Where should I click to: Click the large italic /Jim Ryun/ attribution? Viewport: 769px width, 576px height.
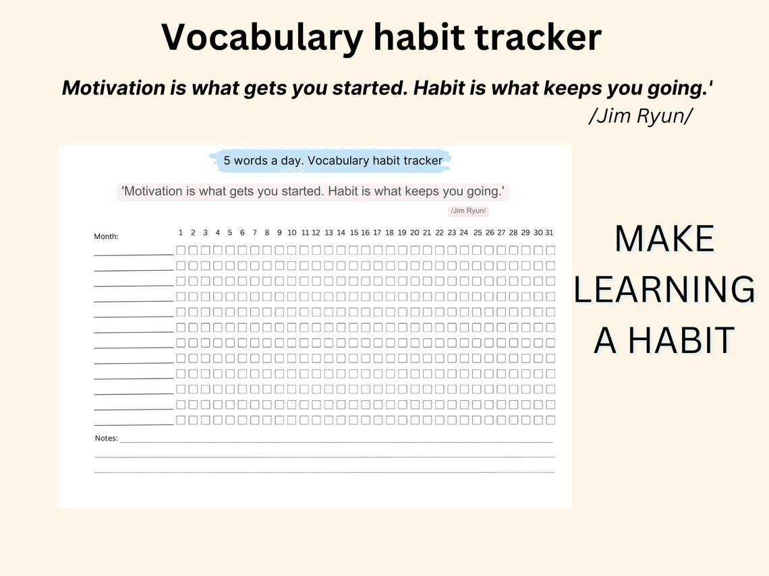point(640,116)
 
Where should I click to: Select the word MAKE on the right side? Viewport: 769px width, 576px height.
point(664,239)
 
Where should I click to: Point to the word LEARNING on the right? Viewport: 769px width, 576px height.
point(664,290)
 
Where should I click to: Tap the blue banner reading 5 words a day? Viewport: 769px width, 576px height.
point(333,160)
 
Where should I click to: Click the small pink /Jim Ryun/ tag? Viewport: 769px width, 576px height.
point(468,211)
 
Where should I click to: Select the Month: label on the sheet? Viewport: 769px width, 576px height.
point(106,236)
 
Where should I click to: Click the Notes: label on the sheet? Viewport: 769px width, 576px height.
point(106,439)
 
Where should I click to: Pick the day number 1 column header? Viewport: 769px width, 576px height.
point(181,232)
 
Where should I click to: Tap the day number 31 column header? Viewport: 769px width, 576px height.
point(549,232)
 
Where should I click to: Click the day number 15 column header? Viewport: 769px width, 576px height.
point(353,232)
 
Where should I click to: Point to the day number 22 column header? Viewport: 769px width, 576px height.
point(439,232)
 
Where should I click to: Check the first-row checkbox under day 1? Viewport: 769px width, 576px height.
point(181,250)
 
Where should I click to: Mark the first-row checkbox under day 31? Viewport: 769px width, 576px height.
point(550,250)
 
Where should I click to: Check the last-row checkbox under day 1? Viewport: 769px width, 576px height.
point(181,420)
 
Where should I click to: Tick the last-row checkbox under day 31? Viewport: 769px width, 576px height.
point(550,420)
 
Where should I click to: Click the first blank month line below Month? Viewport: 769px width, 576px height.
point(134,254)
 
